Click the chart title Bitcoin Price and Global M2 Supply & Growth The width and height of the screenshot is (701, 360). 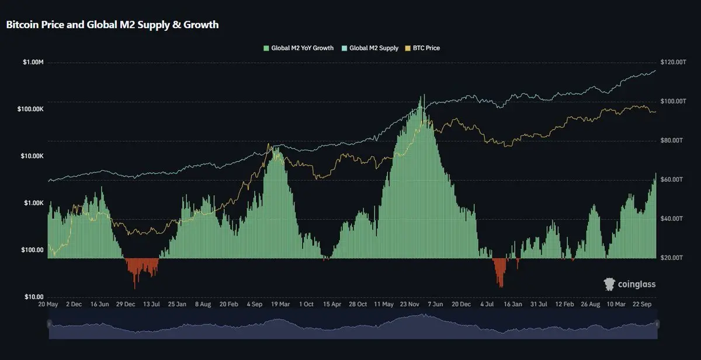click(x=112, y=25)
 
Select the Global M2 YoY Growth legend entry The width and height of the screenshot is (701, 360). click(x=299, y=48)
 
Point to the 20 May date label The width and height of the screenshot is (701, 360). click(x=48, y=304)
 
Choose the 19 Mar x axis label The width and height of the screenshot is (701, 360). click(x=281, y=304)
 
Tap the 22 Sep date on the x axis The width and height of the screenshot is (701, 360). click(x=643, y=304)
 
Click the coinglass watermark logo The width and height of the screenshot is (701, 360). click(x=629, y=284)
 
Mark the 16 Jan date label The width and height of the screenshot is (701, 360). click(x=513, y=304)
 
